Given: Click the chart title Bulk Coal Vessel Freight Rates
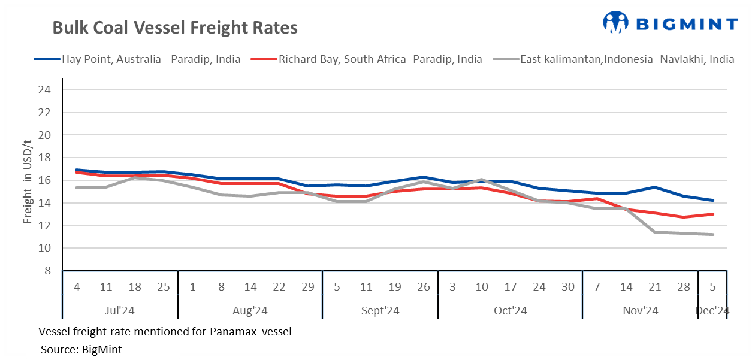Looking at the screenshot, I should point(175,28).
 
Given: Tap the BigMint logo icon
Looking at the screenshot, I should point(616,23).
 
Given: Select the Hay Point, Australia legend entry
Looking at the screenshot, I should point(137,59).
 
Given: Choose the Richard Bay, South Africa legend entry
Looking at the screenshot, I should point(367,59).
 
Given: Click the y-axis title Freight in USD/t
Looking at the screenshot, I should point(28,180).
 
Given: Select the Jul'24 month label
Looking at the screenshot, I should point(120,311).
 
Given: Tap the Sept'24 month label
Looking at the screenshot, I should point(380,311).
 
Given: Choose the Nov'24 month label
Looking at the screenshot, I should point(640,311).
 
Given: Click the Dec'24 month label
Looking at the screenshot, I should point(712,311).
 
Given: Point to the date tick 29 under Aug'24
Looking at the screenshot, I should point(308,287).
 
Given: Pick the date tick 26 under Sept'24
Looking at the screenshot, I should point(424,287).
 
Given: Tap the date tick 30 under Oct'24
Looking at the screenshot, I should point(568,287).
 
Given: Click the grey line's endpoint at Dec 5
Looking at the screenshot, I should point(712,234).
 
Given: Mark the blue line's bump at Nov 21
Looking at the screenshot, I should point(655,187).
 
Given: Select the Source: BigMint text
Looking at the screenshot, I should point(81,349).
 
